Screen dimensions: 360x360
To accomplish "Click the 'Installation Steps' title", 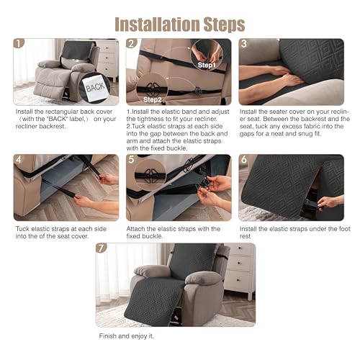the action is (180, 24).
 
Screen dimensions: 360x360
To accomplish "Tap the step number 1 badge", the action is (19, 43).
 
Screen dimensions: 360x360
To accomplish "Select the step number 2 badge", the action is (131, 43).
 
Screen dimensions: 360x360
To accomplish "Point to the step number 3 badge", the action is (244, 43).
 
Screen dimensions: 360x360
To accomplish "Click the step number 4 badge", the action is (19, 159).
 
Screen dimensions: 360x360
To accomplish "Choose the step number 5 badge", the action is (131, 159).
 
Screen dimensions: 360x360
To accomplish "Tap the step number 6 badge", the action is (244, 159).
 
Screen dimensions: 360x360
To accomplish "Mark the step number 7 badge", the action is (101, 248).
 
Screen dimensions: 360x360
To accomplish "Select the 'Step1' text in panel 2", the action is (207, 65).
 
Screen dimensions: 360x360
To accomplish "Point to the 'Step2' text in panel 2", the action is (152, 99).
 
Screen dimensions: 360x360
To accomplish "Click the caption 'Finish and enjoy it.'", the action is (126, 336).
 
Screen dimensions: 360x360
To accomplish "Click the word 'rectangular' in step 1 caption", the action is (62, 112).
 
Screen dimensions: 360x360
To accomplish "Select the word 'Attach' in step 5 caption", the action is (135, 229).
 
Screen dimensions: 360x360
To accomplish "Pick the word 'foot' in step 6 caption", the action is (345, 229).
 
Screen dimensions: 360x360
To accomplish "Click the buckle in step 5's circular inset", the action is (151, 175).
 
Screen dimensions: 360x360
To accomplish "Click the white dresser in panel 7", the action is (239, 269).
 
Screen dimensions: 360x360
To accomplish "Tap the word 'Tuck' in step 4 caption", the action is (22, 229).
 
